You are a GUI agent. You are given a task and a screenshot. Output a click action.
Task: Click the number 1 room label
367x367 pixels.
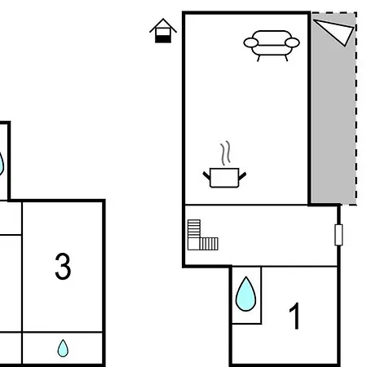(x=294, y=316)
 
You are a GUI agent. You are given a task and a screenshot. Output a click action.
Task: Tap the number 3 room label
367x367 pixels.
(x=63, y=266)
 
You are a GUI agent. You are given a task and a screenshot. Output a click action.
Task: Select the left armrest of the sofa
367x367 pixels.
(x=251, y=42)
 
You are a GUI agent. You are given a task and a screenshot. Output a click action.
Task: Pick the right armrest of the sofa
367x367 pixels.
(x=292, y=42)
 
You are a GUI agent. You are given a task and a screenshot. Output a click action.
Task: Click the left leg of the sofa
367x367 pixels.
(x=259, y=58)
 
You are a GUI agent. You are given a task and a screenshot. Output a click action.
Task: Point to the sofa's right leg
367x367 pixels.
(x=286, y=58)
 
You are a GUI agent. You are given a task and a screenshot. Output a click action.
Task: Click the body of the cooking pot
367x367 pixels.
(x=224, y=178)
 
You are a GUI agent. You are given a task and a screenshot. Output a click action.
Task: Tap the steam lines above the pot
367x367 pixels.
(x=226, y=153)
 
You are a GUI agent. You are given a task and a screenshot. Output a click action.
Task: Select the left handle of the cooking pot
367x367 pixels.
(x=207, y=175)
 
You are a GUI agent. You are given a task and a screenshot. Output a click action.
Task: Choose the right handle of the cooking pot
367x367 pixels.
(x=242, y=176)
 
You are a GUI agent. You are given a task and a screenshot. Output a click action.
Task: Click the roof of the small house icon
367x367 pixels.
(x=163, y=25)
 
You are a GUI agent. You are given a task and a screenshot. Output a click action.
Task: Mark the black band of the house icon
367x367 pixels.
(x=163, y=39)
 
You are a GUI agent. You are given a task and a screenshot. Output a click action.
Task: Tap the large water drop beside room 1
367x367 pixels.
(x=245, y=294)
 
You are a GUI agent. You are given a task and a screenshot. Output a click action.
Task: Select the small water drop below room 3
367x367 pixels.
(x=63, y=348)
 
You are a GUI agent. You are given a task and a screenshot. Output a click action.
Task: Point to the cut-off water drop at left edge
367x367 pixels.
(x=2, y=164)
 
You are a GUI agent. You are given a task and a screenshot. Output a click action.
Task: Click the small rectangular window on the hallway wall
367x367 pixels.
(x=338, y=235)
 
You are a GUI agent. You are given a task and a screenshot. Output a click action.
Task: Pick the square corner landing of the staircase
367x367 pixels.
(x=194, y=244)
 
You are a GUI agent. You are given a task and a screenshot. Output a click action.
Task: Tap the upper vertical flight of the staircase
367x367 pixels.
(x=194, y=228)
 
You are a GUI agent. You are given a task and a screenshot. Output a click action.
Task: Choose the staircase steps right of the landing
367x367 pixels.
(x=209, y=244)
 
